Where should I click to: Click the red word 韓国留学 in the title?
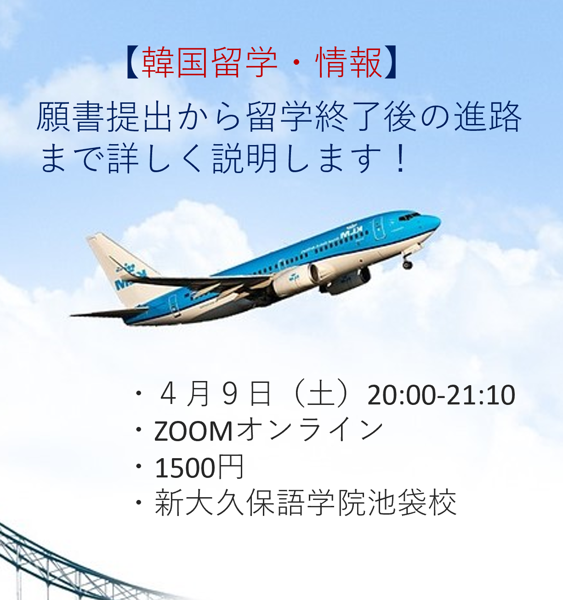210,62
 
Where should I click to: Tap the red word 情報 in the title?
348,62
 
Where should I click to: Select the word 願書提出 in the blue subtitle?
104,117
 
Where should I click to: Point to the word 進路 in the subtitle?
488,117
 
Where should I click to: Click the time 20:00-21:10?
441,395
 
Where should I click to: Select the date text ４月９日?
215,394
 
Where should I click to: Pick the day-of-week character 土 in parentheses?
321,394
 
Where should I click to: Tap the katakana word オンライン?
309,430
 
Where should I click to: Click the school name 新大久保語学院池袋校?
306,503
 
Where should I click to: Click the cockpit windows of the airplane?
409,216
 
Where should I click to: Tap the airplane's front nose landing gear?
407,262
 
